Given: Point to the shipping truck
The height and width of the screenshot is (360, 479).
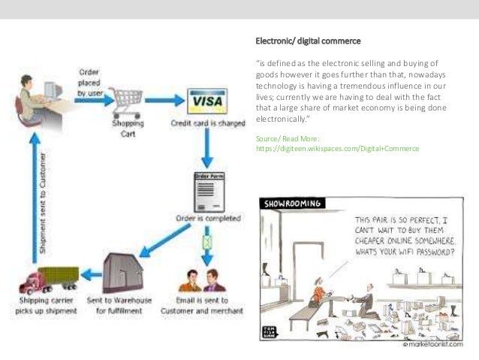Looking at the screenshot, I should point(48,280).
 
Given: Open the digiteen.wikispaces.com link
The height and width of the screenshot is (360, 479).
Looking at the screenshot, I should point(337,149).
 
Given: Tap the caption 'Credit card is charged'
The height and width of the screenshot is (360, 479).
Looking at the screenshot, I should point(208,123).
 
